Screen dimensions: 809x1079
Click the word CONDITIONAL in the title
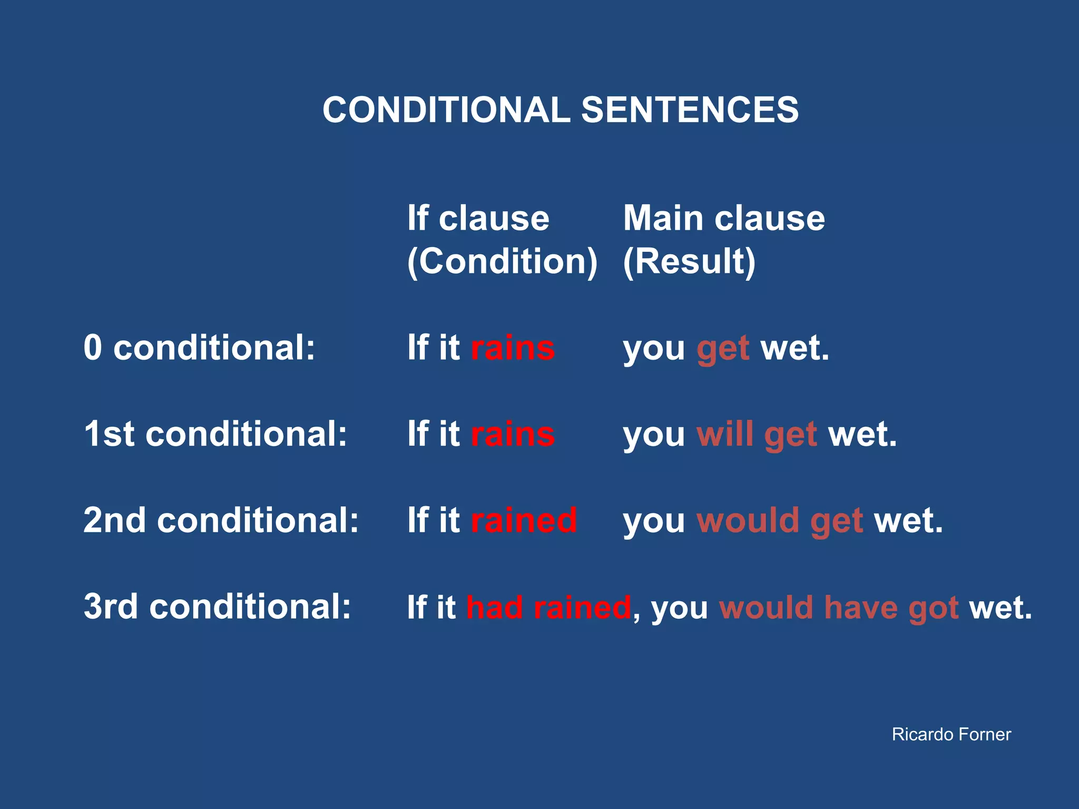click(446, 110)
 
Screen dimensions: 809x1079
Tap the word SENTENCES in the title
click(690, 110)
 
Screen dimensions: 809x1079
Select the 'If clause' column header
click(478, 218)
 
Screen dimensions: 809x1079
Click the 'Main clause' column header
click(724, 218)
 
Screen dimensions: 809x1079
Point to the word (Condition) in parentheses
click(502, 261)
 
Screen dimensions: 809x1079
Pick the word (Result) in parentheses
click(689, 261)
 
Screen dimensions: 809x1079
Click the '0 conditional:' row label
click(199, 348)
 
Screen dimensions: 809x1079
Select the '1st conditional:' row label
click(215, 434)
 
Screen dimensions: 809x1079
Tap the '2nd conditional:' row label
click(221, 520)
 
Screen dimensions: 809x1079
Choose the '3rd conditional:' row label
click(217, 607)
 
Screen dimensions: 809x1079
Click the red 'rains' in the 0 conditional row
click(513, 348)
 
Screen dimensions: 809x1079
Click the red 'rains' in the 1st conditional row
click(513, 434)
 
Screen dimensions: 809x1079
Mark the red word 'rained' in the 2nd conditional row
click(524, 520)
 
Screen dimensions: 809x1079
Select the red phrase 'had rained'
click(548, 607)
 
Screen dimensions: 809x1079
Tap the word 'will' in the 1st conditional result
click(724, 434)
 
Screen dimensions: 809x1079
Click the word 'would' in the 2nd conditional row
click(748, 520)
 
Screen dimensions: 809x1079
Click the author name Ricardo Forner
click(951, 734)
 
